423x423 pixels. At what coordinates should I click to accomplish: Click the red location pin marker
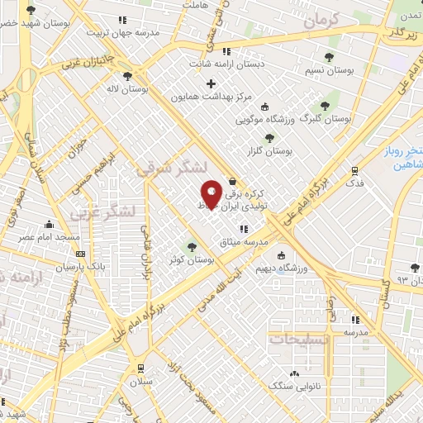[211, 194]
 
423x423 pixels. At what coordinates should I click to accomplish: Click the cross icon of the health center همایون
[211, 83]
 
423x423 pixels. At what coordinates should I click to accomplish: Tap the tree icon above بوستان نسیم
[329, 57]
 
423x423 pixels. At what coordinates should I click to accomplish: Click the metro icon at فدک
[354, 171]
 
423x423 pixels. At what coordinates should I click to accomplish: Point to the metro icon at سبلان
[142, 368]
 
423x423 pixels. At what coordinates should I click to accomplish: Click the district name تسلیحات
[302, 340]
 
